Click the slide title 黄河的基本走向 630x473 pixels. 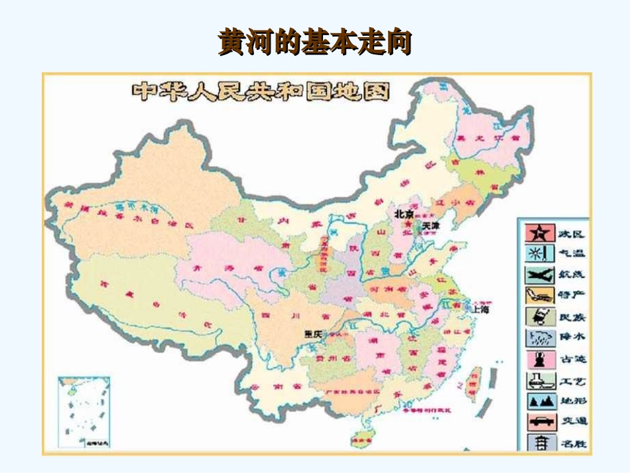click(x=315, y=42)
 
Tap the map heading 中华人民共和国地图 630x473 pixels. click(x=261, y=91)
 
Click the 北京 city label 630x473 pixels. click(x=404, y=214)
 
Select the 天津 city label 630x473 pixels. click(x=430, y=226)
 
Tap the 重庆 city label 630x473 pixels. click(x=312, y=334)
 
